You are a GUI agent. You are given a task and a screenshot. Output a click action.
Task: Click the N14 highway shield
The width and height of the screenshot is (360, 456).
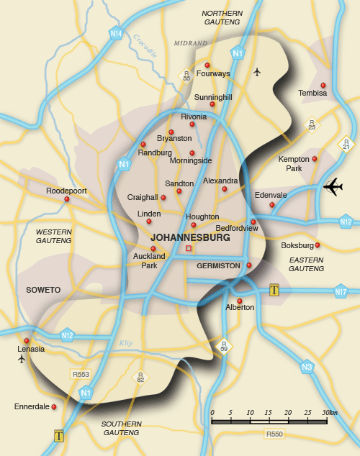click(115, 33)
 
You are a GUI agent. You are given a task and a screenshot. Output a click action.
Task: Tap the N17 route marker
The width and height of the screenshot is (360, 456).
click(341, 291)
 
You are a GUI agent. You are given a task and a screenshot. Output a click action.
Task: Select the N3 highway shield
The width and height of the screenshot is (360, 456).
click(307, 366)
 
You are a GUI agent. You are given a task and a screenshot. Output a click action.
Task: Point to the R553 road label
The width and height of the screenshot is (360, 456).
click(80, 375)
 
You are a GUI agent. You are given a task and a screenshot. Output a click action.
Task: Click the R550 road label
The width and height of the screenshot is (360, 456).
click(274, 434)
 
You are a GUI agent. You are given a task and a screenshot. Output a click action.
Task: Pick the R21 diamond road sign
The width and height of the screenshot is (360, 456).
click(346, 145)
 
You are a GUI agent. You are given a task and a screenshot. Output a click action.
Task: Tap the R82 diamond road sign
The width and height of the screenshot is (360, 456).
click(140, 376)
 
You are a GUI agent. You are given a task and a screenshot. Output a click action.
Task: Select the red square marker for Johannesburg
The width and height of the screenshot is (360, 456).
click(189, 249)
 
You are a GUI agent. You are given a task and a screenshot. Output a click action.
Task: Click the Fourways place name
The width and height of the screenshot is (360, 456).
click(213, 73)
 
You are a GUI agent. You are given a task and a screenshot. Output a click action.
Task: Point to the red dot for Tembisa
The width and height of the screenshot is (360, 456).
click(323, 85)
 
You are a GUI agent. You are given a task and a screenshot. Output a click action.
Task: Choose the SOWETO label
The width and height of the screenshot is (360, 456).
click(43, 290)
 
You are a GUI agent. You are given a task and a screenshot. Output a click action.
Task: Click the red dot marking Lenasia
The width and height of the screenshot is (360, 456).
click(27, 341)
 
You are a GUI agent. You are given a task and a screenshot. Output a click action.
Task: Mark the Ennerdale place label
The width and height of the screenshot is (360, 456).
click(32, 406)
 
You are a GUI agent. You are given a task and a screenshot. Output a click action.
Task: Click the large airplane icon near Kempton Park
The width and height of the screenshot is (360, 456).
click(333, 187)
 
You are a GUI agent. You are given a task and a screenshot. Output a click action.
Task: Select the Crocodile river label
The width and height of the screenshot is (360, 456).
click(144, 45)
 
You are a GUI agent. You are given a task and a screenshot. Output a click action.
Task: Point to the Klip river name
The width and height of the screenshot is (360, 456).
click(126, 343)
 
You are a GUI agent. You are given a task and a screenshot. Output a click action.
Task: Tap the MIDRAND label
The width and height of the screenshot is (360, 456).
click(190, 43)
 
